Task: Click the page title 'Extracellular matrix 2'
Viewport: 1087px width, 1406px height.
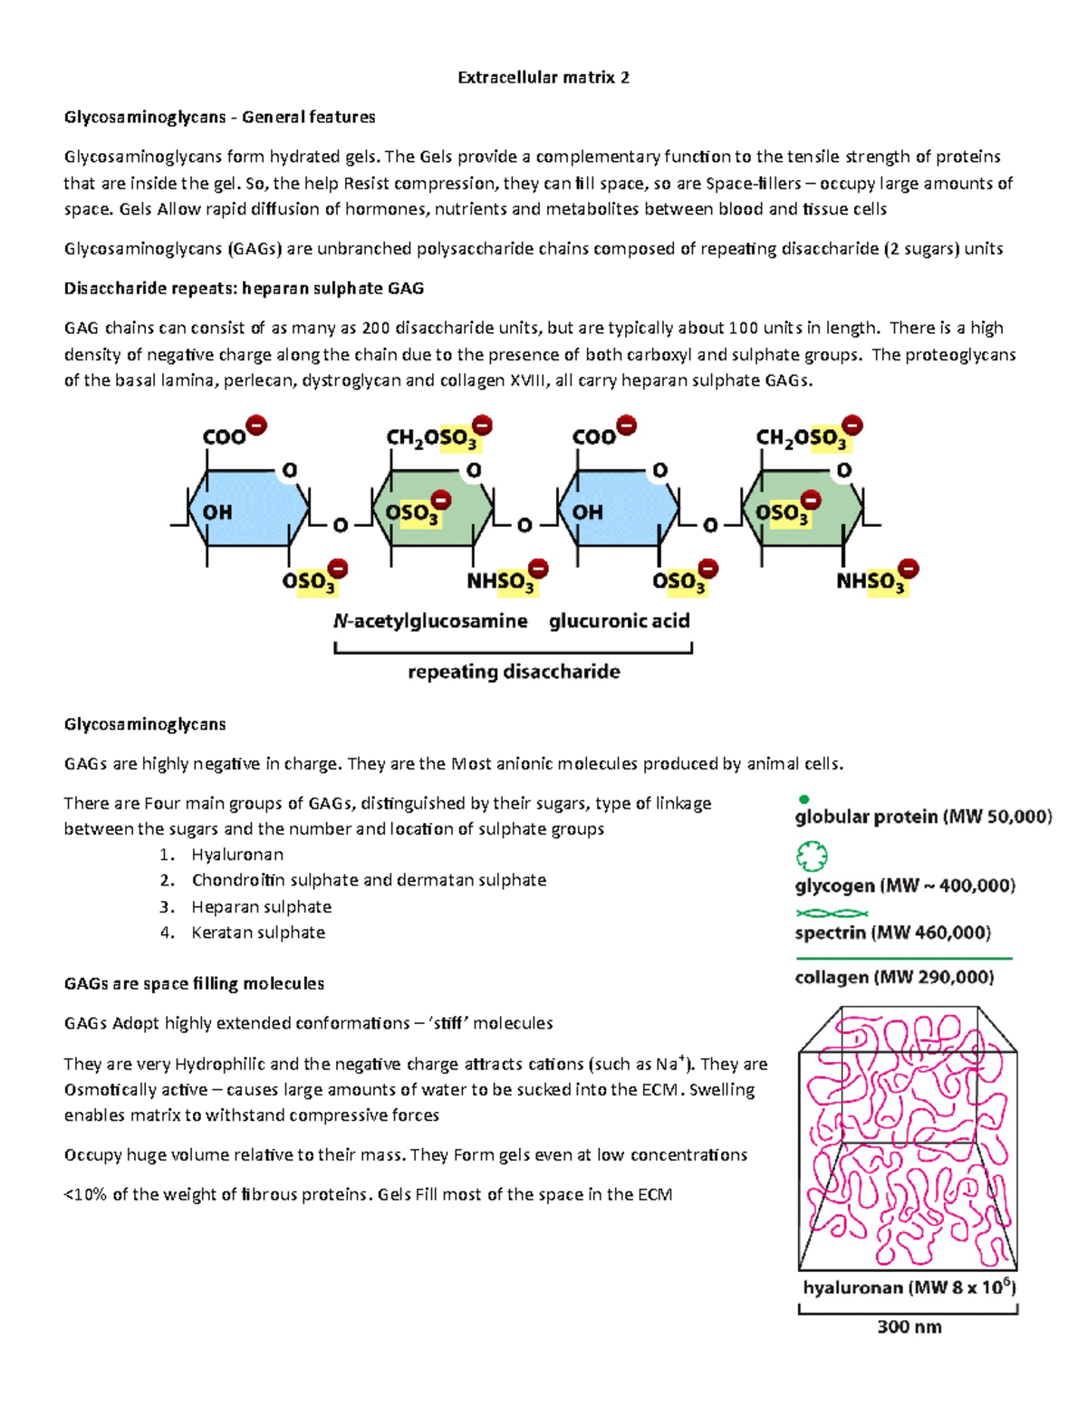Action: (543, 77)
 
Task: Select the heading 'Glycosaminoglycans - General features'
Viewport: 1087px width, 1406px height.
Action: (219, 117)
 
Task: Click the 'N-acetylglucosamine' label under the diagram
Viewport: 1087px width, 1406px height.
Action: (430, 621)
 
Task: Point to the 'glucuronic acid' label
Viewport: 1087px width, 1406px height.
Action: (620, 621)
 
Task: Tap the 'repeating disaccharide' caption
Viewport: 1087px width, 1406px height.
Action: (514, 672)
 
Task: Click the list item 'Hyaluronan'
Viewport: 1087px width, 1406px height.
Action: (237, 855)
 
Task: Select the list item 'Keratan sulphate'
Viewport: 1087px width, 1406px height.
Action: (258, 933)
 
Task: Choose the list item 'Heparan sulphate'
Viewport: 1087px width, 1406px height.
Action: (261, 907)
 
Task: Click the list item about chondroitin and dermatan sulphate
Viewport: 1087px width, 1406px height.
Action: (369, 880)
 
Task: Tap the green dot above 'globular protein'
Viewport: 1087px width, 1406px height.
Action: (803, 799)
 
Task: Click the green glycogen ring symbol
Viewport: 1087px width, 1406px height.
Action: (812, 856)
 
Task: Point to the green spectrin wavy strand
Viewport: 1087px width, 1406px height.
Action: (832, 913)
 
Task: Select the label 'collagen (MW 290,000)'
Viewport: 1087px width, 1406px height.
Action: (894, 977)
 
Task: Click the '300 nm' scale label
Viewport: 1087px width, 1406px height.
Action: (909, 1327)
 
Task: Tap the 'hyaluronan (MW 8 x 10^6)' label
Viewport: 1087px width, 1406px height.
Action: (909, 1287)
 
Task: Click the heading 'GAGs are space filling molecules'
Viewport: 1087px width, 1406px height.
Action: (194, 983)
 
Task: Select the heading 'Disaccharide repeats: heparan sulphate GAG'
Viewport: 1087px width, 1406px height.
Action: (244, 288)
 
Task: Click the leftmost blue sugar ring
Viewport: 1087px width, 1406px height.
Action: (248, 509)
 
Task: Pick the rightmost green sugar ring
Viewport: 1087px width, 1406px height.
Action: (803, 509)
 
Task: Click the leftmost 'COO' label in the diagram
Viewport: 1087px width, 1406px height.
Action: (225, 437)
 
